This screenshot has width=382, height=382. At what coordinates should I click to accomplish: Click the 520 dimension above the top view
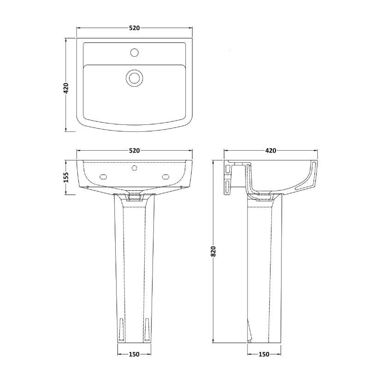point(134,28)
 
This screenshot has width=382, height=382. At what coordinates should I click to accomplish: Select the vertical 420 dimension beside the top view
point(66,88)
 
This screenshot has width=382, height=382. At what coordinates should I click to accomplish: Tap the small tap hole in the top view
point(134,52)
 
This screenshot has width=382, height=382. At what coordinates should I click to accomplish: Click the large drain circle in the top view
point(134,77)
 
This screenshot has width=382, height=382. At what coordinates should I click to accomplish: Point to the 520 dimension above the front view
point(134,151)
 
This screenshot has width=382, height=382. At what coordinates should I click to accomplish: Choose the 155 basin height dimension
point(66,177)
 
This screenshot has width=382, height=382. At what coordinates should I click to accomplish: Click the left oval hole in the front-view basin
point(103,176)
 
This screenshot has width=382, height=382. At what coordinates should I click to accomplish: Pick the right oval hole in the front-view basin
point(165,176)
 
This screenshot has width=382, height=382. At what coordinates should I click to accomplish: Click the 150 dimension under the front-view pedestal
point(134,354)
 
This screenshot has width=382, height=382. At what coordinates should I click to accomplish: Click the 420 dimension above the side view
point(270,151)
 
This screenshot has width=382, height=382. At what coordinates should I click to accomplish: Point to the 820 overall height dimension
point(213,251)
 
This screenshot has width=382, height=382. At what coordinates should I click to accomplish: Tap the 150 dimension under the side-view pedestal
point(264,354)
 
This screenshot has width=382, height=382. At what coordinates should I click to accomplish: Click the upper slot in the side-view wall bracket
point(227,170)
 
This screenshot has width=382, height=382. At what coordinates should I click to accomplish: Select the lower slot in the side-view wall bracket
point(227,188)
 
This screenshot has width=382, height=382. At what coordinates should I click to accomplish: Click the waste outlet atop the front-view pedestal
point(134,196)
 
